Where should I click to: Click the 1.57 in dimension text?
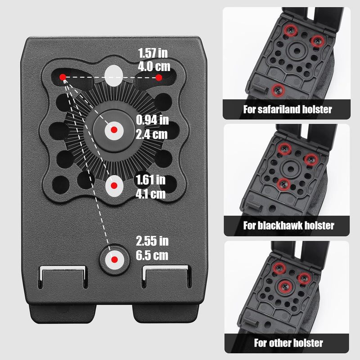pyautogui.click(x=153, y=53)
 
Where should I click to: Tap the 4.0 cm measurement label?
pyautogui.click(x=154, y=66)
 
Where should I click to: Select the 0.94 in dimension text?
pyautogui.click(x=152, y=120)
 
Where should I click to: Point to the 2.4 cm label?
pyautogui.click(x=152, y=134)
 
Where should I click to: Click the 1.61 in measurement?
pyautogui.click(x=150, y=180)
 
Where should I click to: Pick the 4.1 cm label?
pyautogui.click(x=151, y=194)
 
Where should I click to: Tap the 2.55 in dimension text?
pyautogui.click(x=152, y=241)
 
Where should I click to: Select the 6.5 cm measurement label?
pyautogui.click(x=152, y=255)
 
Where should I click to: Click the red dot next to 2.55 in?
pyautogui.click(x=114, y=260)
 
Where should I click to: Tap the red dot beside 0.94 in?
pyautogui.click(x=114, y=130)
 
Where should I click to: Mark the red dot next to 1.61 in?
pyautogui.click(x=114, y=185)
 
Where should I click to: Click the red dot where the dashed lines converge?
pyautogui.click(x=63, y=77)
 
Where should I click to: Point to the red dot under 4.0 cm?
pyautogui.click(x=159, y=77)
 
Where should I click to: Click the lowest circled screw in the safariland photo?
pyautogui.click(x=278, y=90)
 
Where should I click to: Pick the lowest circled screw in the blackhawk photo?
pyautogui.click(x=284, y=184)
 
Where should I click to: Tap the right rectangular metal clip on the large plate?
pyautogui.click(x=166, y=276)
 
